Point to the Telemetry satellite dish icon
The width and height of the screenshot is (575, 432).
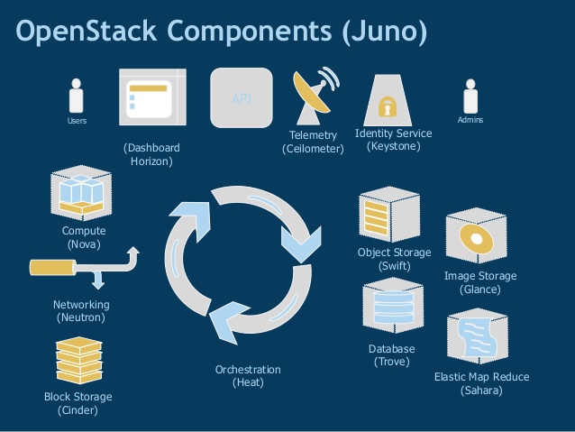tap(313, 97)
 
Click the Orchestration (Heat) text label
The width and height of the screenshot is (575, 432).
tap(248, 376)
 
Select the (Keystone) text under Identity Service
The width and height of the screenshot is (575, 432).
tap(394, 146)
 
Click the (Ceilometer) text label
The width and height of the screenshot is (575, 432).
tap(313, 149)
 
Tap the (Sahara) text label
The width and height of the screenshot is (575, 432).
tap(481, 391)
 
